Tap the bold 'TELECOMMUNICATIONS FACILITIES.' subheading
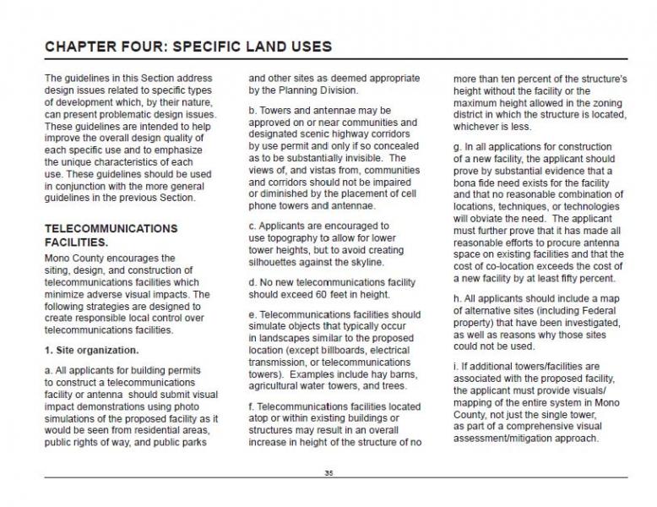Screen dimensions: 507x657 coord(111,235)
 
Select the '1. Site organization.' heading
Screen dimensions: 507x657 coord(92,349)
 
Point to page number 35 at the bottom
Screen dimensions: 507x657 coord(328,473)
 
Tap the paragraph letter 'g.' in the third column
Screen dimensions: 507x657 coord(459,145)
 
